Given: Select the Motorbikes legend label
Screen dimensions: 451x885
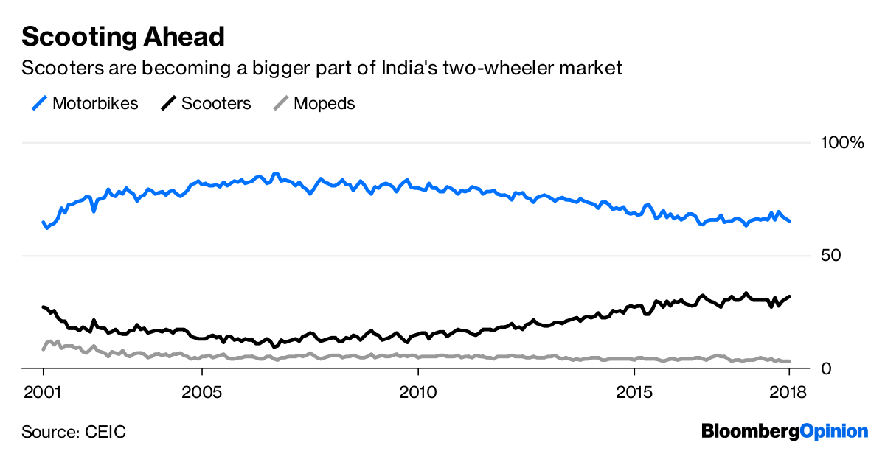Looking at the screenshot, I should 95,103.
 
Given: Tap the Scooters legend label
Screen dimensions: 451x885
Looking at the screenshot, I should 216,103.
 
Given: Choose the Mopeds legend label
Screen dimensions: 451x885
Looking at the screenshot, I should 324,103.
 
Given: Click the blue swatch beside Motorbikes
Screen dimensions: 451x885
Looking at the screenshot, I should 39,103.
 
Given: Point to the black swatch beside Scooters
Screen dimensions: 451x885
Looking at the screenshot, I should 168,103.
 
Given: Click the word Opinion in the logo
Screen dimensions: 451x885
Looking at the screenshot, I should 834,431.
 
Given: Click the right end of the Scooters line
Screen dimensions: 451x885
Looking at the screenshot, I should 790,296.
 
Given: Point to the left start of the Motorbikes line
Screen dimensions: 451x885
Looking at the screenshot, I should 44,222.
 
